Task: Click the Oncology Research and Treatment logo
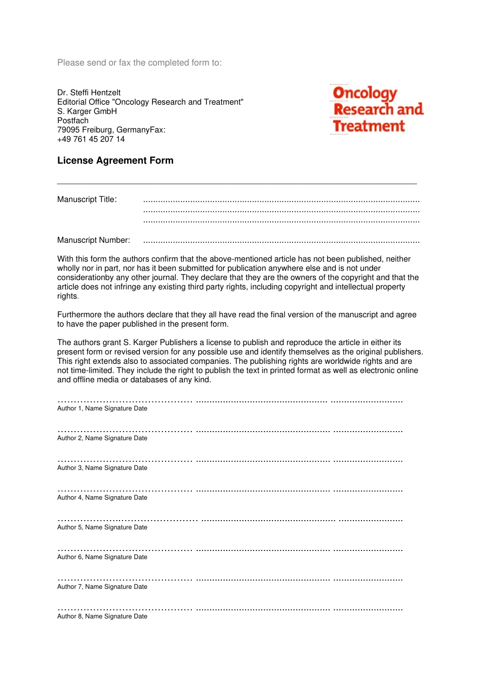click(377, 109)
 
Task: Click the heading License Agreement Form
click(115, 160)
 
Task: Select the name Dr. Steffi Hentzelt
click(89, 93)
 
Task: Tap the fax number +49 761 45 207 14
click(91, 139)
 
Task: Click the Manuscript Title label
click(87, 199)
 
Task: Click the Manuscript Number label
click(93, 240)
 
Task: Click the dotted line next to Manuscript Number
click(281, 241)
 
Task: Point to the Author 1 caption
click(102, 408)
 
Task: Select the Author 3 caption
click(102, 468)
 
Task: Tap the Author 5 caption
click(102, 527)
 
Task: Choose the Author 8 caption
click(102, 616)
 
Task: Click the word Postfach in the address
click(73, 120)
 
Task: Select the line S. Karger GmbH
click(87, 111)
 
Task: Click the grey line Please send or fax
click(139, 63)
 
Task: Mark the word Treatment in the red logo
click(369, 126)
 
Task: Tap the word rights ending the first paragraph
click(67, 296)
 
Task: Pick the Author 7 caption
click(102, 587)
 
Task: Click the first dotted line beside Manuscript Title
click(281, 201)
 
